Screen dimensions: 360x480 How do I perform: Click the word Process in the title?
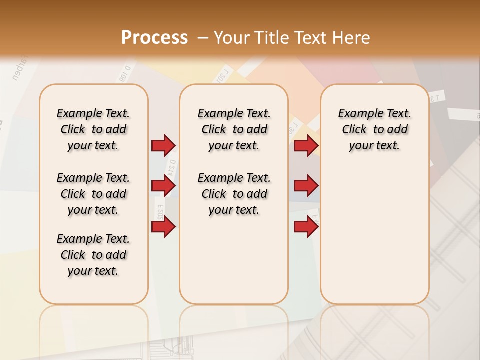tap(154, 38)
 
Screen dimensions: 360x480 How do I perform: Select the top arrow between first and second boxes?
tap(163, 145)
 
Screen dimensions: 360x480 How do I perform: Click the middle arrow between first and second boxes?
tap(163, 186)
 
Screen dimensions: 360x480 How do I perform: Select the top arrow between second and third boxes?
tap(306, 145)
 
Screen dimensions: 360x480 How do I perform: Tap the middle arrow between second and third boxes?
tap(306, 186)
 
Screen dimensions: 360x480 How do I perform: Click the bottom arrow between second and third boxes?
tap(306, 226)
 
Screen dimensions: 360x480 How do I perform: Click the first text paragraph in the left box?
tap(93, 129)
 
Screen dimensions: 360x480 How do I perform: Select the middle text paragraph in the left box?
tap(93, 194)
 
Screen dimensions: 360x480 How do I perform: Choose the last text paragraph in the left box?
tap(93, 255)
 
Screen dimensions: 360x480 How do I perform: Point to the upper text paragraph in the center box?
tap(234, 129)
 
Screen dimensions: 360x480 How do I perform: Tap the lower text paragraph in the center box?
tap(234, 194)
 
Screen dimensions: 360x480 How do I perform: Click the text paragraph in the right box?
tap(374, 129)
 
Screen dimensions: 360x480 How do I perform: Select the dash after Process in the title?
tap(203, 38)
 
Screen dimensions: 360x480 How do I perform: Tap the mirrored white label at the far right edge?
tap(464, 115)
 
